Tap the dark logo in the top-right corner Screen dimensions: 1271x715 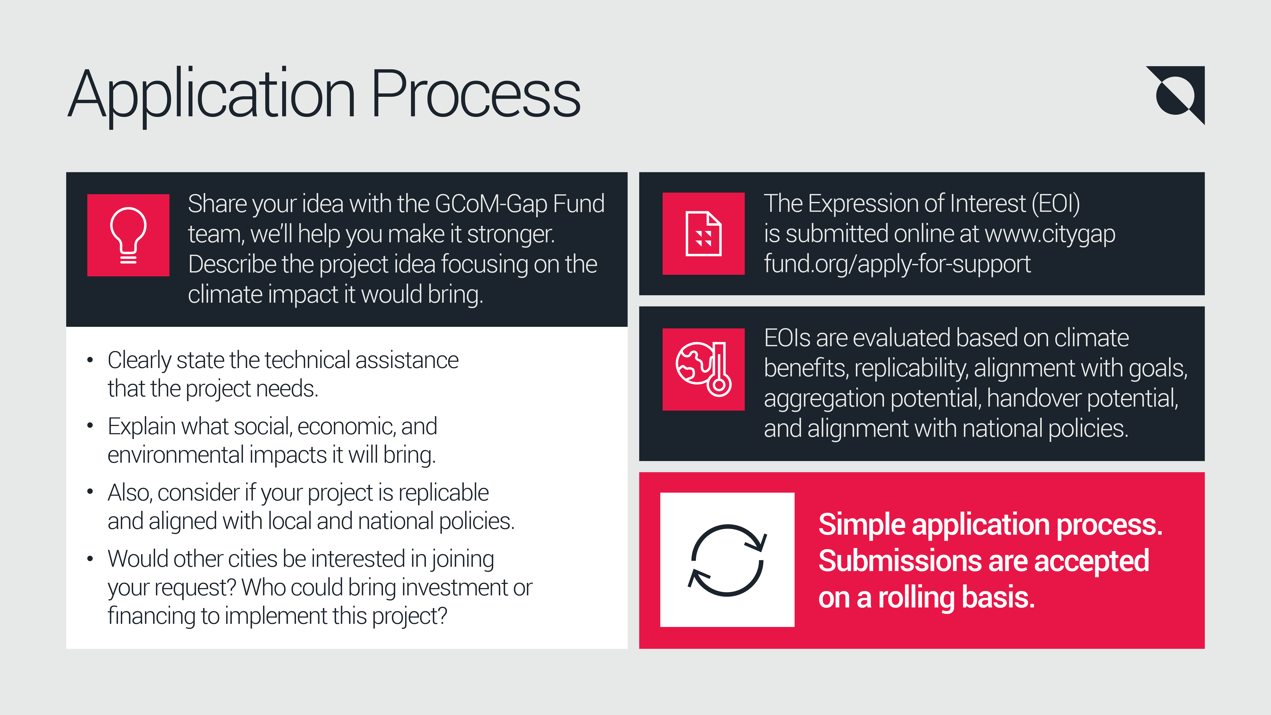(1177, 95)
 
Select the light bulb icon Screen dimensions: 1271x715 (128, 235)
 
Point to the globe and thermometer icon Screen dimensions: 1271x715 (703, 369)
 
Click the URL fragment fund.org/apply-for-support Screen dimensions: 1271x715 (897, 264)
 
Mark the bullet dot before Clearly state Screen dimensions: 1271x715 (90, 360)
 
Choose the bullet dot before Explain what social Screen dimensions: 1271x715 (90, 426)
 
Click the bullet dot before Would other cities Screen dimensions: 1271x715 (90, 559)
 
